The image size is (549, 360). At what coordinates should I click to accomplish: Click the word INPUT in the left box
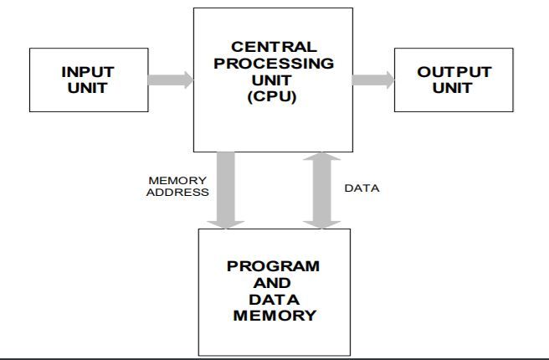pyautogui.click(x=88, y=73)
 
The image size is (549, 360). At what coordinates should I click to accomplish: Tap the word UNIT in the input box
pyautogui.click(x=88, y=88)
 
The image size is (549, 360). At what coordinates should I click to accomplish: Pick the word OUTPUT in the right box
pyautogui.click(x=453, y=73)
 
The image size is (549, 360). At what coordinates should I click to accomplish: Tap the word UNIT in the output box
pyautogui.click(x=453, y=88)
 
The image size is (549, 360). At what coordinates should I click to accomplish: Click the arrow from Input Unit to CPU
pyautogui.click(x=170, y=80)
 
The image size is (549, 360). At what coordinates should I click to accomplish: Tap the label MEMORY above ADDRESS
pyautogui.click(x=177, y=180)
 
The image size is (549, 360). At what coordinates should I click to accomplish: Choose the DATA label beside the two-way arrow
pyautogui.click(x=362, y=188)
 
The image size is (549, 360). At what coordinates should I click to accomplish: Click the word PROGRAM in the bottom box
pyautogui.click(x=273, y=267)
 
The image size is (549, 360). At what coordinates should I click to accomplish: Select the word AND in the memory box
pyautogui.click(x=273, y=283)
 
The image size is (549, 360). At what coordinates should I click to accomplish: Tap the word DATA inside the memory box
pyautogui.click(x=273, y=299)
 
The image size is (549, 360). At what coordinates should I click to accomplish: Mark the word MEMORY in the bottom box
pyautogui.click(x=273, y=316)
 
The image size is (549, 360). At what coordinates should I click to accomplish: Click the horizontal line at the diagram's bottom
pyautogui.click(x=274, y=357)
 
